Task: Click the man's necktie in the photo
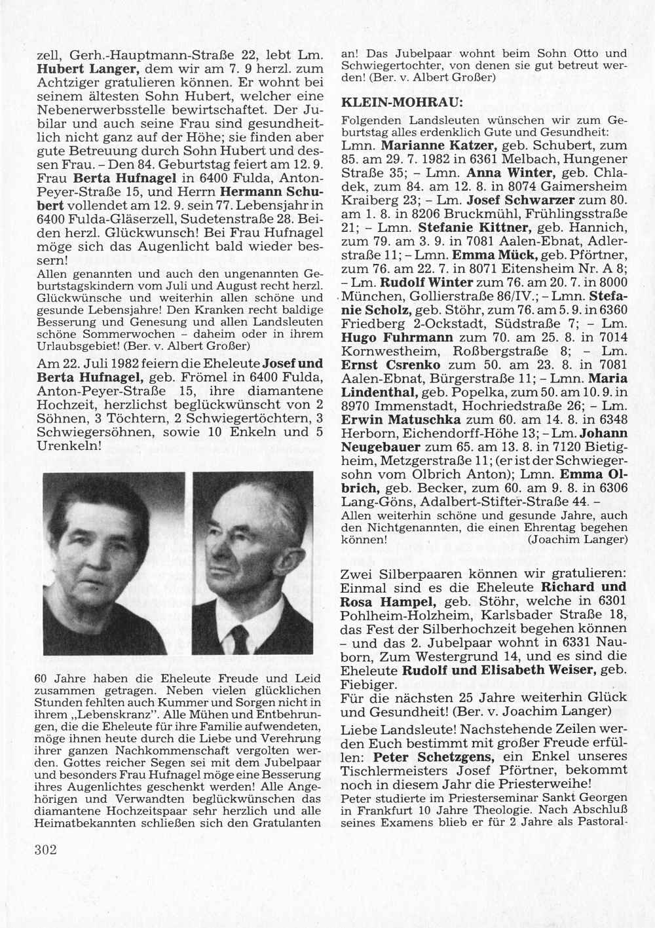click(x=239, y=639)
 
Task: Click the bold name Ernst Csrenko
click(x=390, y=365)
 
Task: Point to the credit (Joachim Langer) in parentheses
click(x=578, y=540)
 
